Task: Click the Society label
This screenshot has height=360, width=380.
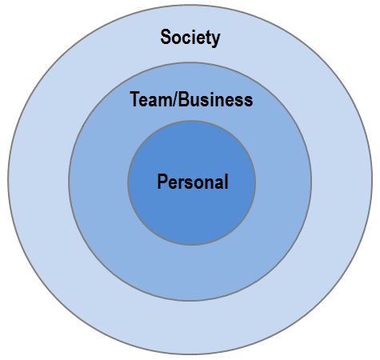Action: click(x=190, y=38)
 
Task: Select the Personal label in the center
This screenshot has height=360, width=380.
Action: click(x=193, y=182)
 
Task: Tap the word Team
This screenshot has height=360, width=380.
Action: click(x=151, y=99)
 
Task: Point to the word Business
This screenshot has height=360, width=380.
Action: click(x=215, y=100)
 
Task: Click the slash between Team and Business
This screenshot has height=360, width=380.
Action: click(x=175, y=99)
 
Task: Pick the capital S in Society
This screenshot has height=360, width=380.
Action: click(x=166, y=37)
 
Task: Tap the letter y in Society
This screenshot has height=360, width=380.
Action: click(x=215, y=40)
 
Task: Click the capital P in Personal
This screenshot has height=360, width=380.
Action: click(x=163, y=182)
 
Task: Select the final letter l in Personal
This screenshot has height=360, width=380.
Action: click(x=226, y=182)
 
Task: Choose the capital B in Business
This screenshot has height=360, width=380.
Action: click(x=184, y=99)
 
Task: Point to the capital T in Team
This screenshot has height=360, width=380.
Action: click(x=135, y=99)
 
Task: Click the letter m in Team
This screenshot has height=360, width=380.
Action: click(x=166, y=102)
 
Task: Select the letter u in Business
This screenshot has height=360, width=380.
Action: click(x=195, y=102)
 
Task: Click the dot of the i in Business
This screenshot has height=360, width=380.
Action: click(x=212, y=94)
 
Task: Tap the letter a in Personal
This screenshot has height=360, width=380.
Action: click(x=218, y=184)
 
